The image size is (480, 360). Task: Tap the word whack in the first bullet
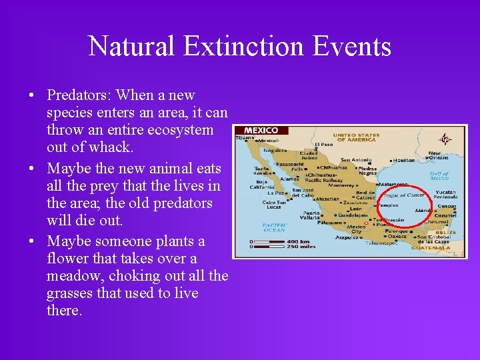click(x=103, y=147)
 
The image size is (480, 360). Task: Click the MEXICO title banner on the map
click(x=261, y=130)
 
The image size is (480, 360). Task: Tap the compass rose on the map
click(x=445, y=139)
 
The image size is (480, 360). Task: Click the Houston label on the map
click(x=404, y=160)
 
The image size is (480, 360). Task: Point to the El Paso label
click(x=324, y=144)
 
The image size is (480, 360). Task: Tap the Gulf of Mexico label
click(x=439, y=176)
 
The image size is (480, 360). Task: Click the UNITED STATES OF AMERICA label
click(x=356, y=137)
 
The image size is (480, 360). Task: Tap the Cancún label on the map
click(x=446, y=206)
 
